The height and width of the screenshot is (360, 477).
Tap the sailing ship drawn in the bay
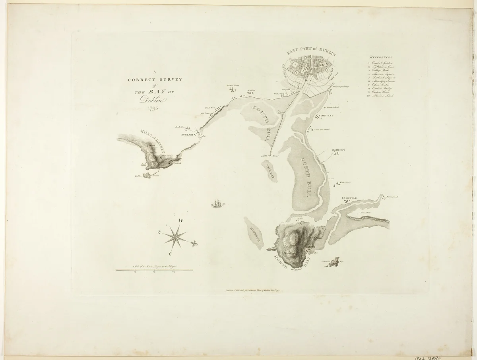(218, 204)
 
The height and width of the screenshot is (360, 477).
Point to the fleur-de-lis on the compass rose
(195, 243)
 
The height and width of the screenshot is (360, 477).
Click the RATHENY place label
(338, 150)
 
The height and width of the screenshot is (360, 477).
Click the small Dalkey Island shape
(147, 175)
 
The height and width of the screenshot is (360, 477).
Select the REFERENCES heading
(380, 58)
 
